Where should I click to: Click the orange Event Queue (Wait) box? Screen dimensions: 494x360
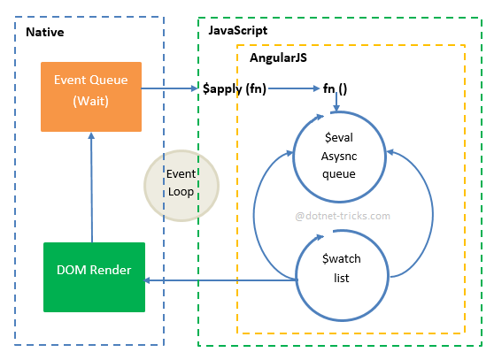91,96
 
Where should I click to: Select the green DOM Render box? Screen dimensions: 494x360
94,277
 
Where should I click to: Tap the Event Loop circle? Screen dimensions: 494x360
181,186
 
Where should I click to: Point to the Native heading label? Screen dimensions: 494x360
45,32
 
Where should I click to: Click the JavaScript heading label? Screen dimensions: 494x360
238,31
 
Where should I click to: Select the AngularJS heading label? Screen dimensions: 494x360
278,57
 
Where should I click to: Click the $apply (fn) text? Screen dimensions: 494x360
235,88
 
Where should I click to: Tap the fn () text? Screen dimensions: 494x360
335,88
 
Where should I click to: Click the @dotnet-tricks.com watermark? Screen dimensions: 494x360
343,216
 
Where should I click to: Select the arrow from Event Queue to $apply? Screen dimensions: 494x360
169,88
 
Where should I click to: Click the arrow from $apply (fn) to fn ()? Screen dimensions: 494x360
294,88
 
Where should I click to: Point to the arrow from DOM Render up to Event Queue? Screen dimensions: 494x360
92,188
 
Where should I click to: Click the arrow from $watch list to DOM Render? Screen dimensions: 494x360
220,280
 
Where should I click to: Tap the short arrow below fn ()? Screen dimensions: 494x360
336,102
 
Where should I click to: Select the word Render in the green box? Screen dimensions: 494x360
111,270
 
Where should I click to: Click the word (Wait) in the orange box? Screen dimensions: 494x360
90,102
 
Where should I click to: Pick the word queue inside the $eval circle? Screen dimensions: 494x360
339,174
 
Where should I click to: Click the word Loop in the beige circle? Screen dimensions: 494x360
181,192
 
